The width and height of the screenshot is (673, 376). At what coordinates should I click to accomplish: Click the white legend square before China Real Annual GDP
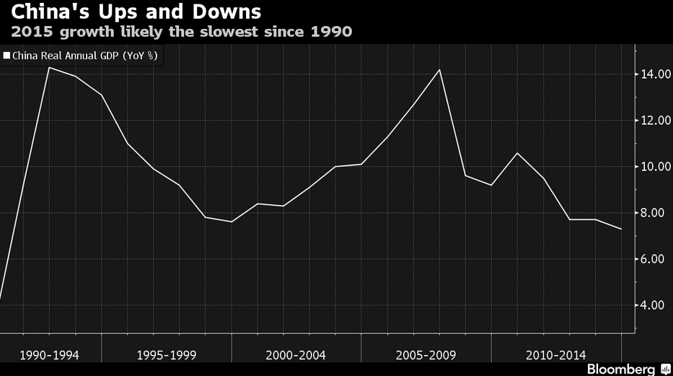pos(6,54)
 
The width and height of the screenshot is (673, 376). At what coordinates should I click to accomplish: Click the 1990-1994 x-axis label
pos(50,355)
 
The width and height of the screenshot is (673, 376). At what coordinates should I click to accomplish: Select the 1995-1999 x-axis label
pos(166,355)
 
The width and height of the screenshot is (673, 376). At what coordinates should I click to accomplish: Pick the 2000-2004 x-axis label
pos(296,355)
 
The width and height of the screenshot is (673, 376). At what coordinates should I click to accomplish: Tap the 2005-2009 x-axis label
pos(426,355)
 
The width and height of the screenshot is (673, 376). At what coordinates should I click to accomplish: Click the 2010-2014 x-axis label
pos(556,355)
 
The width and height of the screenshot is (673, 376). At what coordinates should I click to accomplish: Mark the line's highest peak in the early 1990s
pos(49,67)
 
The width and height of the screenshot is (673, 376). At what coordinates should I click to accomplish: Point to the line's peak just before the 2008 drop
pos(439,70)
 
